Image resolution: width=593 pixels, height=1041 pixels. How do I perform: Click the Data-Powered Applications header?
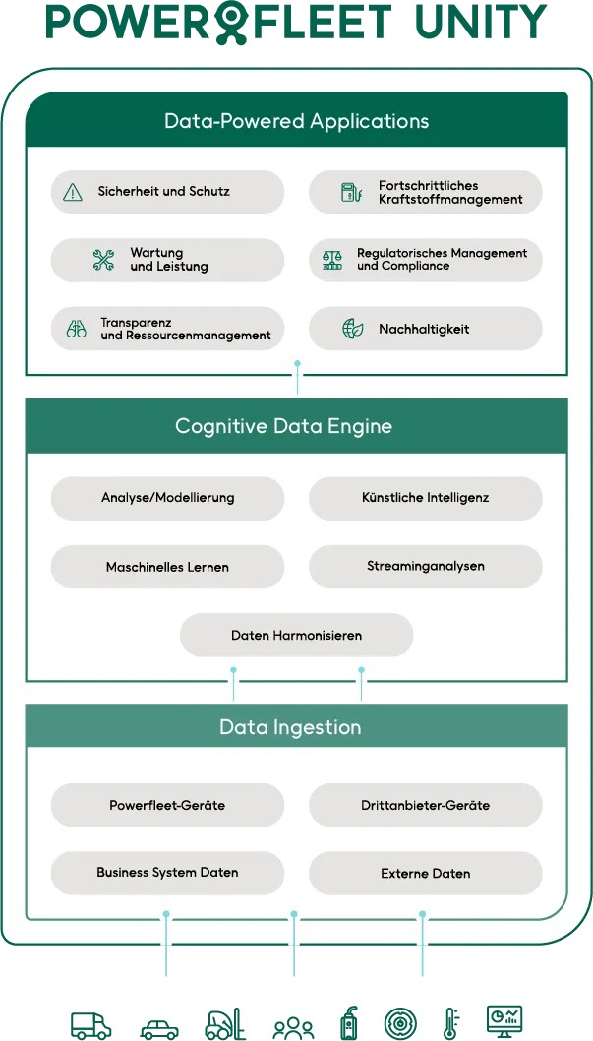pos(296,122)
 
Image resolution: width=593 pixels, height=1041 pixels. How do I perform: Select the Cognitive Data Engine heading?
pos(283,426)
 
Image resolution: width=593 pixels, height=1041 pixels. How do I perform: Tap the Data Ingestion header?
pos(290,727)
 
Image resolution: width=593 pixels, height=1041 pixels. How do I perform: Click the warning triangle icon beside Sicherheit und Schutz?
pos(73,192)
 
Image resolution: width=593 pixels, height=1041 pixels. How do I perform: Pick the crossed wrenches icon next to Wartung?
pos(103,260)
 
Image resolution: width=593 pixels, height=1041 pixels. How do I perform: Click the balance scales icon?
pos(332,260)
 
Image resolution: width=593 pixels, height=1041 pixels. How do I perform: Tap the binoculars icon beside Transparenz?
pos(77,329)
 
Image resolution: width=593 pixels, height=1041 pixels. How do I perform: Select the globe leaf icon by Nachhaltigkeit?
pos(352,329)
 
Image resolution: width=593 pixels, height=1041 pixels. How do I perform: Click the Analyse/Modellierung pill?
pos(167,498)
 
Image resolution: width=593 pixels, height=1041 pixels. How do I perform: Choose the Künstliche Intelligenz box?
pos(425,498)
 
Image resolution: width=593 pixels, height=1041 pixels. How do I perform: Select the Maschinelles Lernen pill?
pos(167,567)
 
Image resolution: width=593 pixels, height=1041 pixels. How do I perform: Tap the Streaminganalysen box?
pos(425,567)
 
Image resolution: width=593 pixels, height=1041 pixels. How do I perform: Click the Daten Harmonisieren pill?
pos(296,636)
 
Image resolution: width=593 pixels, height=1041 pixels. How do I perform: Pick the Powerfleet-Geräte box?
pos(167,805)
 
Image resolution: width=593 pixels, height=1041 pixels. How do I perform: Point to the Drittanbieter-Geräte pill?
pos(425,805)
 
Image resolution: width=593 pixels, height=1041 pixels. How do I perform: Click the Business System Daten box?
pos(167,873)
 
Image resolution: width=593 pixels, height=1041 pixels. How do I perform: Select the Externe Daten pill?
pos(425,873)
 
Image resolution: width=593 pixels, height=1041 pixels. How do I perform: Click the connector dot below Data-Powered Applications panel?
pos(297,364)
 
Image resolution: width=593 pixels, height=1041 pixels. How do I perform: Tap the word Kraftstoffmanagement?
pos(450,199)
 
